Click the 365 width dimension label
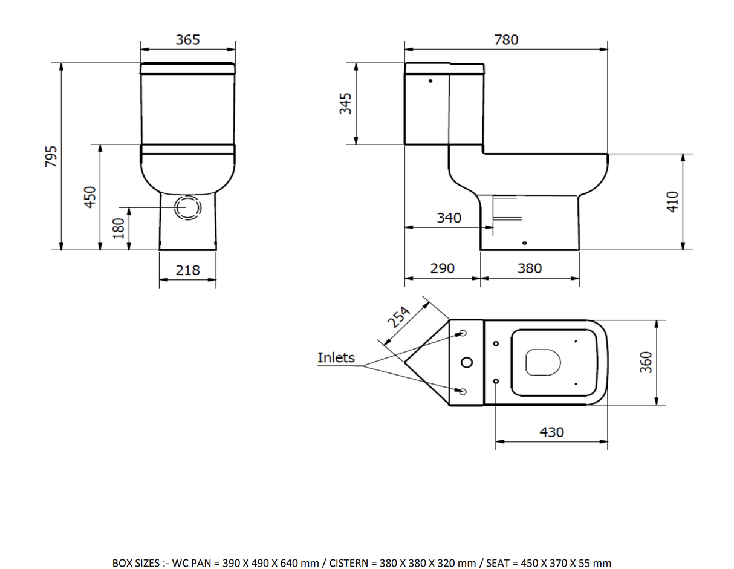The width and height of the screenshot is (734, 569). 187,40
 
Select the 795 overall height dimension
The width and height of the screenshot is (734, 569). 51,156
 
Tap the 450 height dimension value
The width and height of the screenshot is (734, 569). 90,197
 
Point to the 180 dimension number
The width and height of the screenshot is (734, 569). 119,228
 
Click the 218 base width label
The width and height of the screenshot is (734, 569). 187,270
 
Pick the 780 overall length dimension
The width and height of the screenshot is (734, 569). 506,40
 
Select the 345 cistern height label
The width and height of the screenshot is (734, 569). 345,103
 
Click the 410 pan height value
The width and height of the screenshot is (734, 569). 674,201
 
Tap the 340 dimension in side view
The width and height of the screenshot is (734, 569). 449,218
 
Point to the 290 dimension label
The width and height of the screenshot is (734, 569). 442,268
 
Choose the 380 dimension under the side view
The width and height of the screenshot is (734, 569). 530,268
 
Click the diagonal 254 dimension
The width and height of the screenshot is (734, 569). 399,317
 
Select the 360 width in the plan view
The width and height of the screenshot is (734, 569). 646,362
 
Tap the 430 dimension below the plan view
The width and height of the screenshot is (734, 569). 551,432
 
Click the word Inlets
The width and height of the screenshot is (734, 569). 336,357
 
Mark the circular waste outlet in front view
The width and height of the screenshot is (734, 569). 187,207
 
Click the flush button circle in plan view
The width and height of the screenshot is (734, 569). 467,362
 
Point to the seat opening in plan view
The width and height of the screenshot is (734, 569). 542,362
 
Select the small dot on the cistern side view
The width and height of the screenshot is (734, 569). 430,80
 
